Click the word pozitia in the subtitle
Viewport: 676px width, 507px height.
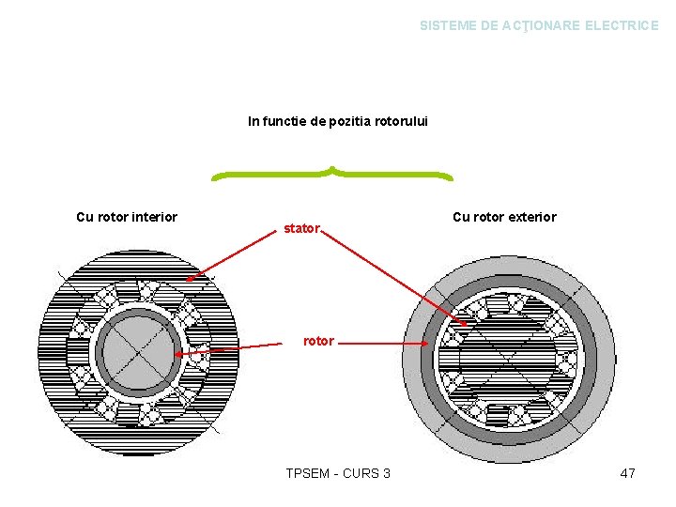point(352,121)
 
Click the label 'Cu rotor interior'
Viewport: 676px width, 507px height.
point(127,217)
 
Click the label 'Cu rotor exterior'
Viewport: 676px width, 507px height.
point(504,217)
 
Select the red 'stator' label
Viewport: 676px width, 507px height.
point(302,228)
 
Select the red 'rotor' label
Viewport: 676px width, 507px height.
point(318,341)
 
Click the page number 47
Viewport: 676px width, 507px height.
point(627,473)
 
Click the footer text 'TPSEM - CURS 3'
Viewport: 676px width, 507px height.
point(338,473)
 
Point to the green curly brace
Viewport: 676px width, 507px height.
point(331,175)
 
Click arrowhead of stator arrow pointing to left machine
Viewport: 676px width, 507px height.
point(189,278)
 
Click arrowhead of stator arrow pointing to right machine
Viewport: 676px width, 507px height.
point(466,325)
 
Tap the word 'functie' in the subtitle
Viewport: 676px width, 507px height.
point(287,121)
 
